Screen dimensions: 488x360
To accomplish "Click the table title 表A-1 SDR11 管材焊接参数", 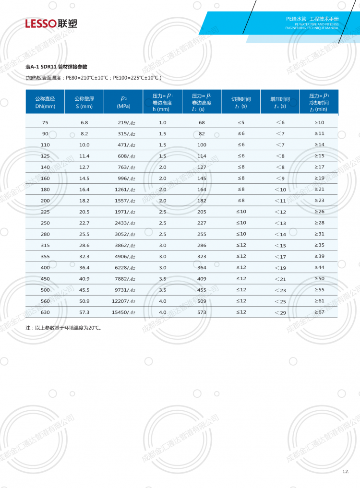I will (x=56, y=67).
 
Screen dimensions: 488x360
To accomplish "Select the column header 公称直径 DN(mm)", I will (x=45, y=102).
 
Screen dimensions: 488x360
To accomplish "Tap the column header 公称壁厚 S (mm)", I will (x=84, y=102).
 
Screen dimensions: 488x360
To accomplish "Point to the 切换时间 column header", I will (x=241, y=102).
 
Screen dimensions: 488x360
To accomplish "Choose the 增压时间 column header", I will (x=280, y=102).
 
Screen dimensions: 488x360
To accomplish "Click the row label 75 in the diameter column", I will (x=45, y=122).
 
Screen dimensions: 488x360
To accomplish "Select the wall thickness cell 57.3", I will (x=84, y=312).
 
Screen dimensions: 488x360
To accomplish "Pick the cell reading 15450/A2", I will (x=123, y=312).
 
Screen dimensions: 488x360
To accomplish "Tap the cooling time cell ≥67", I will (x=319, y=312).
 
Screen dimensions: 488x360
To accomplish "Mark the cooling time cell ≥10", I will (x=319, y=122).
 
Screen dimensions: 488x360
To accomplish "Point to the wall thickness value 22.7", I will (x=84, y=223).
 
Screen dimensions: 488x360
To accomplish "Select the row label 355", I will (x=45, y=256).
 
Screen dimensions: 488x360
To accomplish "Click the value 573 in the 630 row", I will (x=202, y=312).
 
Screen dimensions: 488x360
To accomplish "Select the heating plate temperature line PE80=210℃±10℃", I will (x=94, y=78).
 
